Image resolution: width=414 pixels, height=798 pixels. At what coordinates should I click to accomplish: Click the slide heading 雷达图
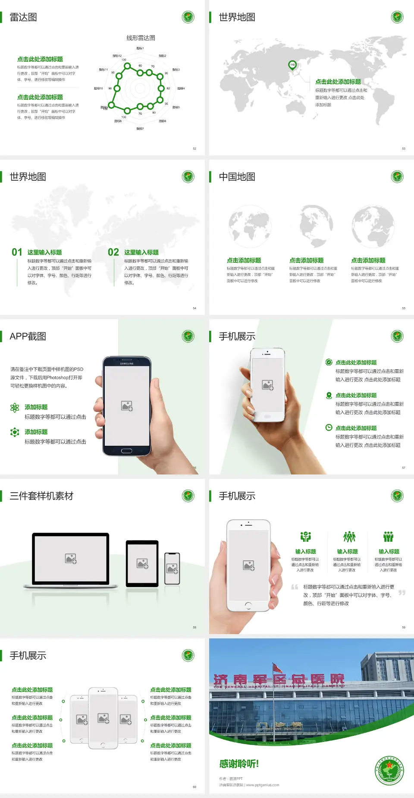pyautogui.click(x=23, y=17)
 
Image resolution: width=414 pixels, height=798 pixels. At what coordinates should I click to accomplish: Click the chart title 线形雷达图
pyautogui.click(x=141, y=38)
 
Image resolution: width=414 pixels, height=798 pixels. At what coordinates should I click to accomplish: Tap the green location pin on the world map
pyautogui.click(x=292, y=65)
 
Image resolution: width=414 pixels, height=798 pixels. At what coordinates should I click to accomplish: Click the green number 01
pyautogui.click(x=17, y=252)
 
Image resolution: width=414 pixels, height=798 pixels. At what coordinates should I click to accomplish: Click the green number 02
pyautogui.click(x=113, y=252)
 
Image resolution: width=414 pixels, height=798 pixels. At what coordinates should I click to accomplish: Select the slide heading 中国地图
pyautogui.click(x=237, y=177)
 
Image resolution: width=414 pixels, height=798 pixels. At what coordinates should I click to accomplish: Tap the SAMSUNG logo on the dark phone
pyautogui.click(x=127, y=364)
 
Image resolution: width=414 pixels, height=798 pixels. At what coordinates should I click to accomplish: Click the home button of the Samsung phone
pyautogui.click(x=126, y=451)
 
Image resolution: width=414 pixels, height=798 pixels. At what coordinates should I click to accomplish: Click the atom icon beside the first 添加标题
pyautogui.click(x=15, y=408)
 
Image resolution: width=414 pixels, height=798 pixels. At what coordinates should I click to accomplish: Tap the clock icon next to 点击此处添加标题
pyautogui.click(x=329, y=427)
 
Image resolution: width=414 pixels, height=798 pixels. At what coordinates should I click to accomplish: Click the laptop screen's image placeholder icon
pyautogui.click(x=71, y=559)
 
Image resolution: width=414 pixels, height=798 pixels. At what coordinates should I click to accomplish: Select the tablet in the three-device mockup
pyautogui.click(x=142, y=563)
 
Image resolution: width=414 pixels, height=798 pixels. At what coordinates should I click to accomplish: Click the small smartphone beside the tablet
pyautogui.click(x=172, y=569)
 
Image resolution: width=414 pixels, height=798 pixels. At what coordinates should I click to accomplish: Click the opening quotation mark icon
pyautogui.click(x=295, y=587)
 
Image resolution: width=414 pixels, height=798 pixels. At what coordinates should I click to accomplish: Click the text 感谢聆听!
pyautogui.click(x=239, y=764)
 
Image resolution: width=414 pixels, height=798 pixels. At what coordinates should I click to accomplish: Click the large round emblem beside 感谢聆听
pyautogui.click(x=389, y=770)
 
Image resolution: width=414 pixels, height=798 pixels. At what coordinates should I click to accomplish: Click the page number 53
pyautogui.click(x=404, y=148)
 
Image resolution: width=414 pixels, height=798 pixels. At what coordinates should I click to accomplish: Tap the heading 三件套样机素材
pyautogui.click(x=41, y=496)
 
